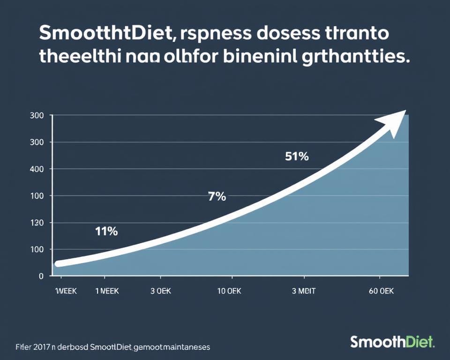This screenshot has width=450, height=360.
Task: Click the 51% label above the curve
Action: pos(297,157)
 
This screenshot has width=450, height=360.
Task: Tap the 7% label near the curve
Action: pos(217,197)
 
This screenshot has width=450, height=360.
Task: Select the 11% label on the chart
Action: pos(106,231)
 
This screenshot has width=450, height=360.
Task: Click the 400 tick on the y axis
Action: pos(37,169)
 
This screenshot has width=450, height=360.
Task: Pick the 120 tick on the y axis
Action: pos(37,223)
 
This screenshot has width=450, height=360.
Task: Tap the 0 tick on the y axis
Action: pos(41,277)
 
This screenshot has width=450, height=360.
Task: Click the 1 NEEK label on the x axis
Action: pos(107,291)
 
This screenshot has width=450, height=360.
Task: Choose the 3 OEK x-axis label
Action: pos(161,291)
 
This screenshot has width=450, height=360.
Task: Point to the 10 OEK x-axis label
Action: pos(230,291)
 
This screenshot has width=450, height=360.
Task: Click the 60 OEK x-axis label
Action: pos(381,291)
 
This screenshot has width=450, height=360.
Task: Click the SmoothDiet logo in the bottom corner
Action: pos(392,342)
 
